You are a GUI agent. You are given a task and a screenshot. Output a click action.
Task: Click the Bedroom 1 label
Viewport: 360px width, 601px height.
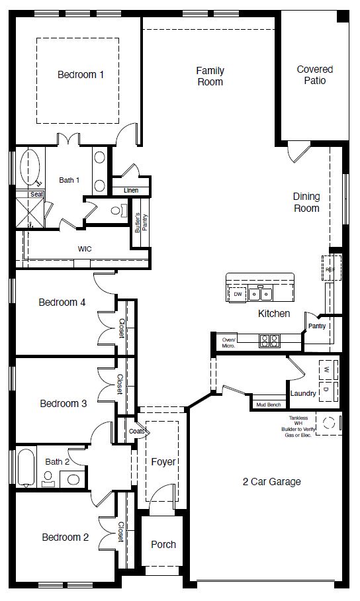coord(81,75)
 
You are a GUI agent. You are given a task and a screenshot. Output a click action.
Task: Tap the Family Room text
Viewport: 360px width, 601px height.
coord(210,76)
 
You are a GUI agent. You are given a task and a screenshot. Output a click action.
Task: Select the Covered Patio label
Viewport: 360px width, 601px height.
coord(314,75)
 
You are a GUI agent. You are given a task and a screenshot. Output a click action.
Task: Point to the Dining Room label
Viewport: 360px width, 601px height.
coord(306,203)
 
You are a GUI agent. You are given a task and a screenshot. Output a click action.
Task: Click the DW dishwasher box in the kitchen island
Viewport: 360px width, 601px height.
coord(237,293)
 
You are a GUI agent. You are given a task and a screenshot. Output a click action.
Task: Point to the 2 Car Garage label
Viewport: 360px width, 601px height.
coord(271,482)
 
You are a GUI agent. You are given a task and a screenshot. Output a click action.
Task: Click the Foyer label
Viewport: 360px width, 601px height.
coord(163,461)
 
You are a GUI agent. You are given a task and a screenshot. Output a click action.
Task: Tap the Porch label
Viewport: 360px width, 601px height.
coord(163,544)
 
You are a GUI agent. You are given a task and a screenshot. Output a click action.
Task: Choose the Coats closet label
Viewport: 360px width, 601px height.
coord(137,431)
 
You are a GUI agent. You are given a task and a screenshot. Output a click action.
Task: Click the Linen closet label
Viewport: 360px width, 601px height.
coord(131,191)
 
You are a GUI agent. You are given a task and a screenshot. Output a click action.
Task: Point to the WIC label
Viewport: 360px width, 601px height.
coord(85,249)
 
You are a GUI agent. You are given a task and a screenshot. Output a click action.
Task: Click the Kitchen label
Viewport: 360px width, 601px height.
coord(274,313)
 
